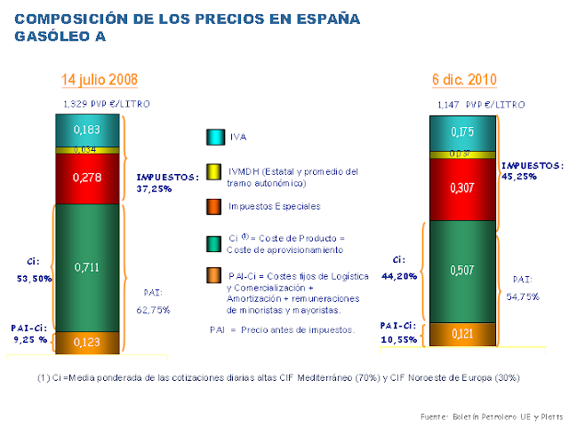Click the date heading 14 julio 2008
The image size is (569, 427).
point(98,80)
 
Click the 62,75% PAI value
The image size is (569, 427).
point(155,310)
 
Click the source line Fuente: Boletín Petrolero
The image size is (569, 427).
point(491,416)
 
